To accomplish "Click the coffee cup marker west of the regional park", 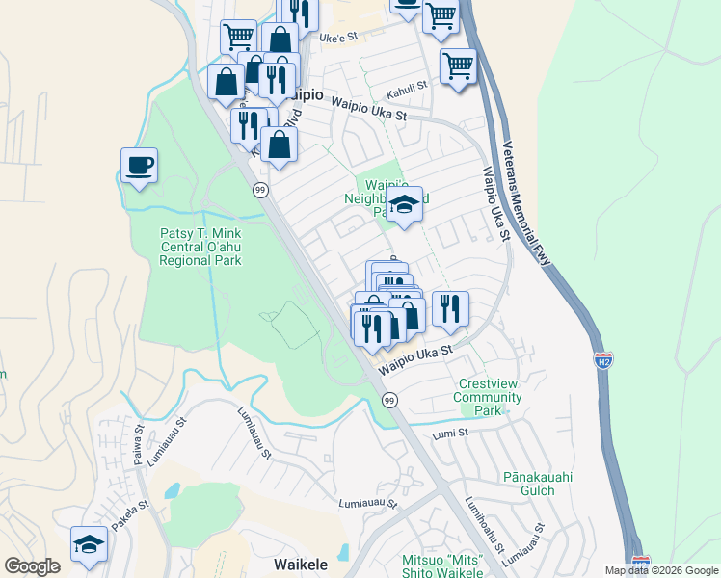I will coord(139,166).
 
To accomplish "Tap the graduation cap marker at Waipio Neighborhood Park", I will coord(405,205).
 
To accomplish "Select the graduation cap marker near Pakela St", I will coord(89,545).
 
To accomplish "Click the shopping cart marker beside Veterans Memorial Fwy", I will coord(458,67).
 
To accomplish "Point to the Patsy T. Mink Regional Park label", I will coord(200,247).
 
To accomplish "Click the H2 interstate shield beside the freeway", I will coord(603,361).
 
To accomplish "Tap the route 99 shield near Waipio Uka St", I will coord(389,400).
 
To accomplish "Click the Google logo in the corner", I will coord(32,565).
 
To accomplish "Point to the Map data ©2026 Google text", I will coord(660,570).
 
